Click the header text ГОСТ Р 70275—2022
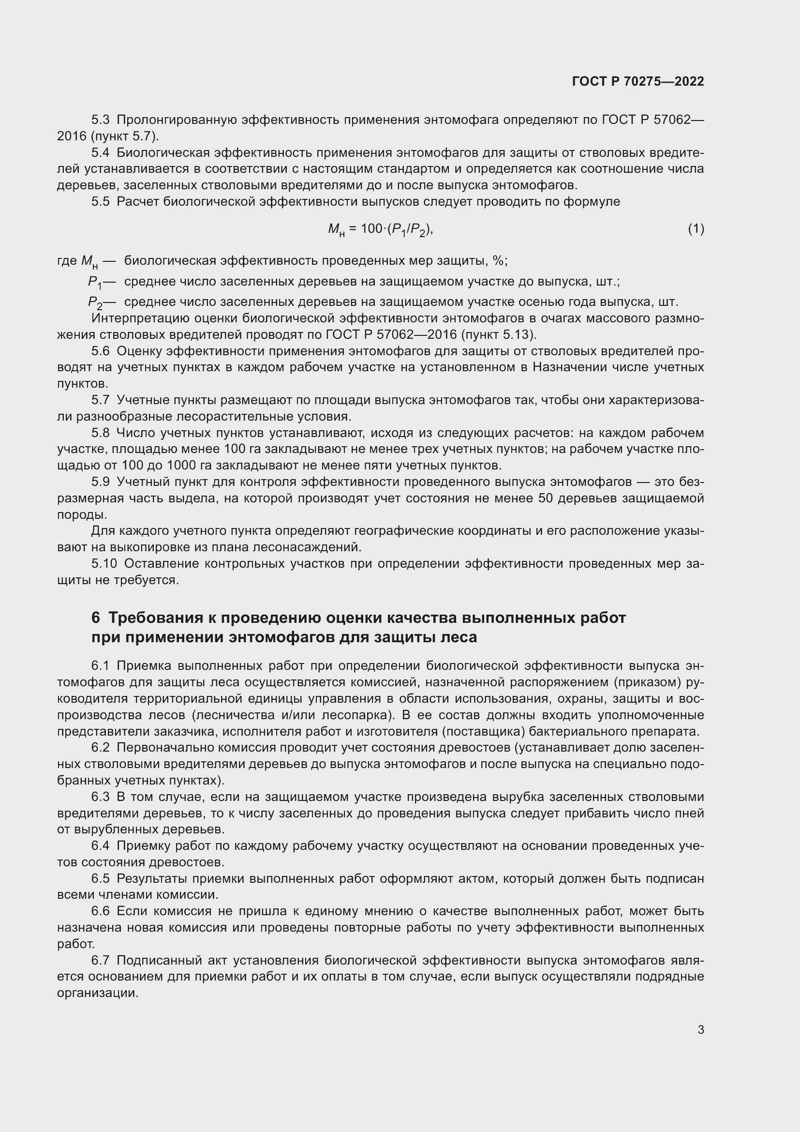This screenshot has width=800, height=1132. [x=638, y=81]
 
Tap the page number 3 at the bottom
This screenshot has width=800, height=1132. [x=700, y=1029]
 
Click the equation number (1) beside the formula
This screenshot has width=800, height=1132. [x=696, y=229]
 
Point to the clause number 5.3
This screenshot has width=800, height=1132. [x=101, y=120]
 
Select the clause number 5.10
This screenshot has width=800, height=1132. [x=104, y=563]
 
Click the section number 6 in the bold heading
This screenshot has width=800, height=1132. [x=96, y=618]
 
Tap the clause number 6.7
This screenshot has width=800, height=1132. [x=101, y=960]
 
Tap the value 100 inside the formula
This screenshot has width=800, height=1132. [x=371, y=229]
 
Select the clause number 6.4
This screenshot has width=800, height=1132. [x=101, y=846]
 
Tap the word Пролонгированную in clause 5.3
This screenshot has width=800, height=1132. [x=177, y=120]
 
